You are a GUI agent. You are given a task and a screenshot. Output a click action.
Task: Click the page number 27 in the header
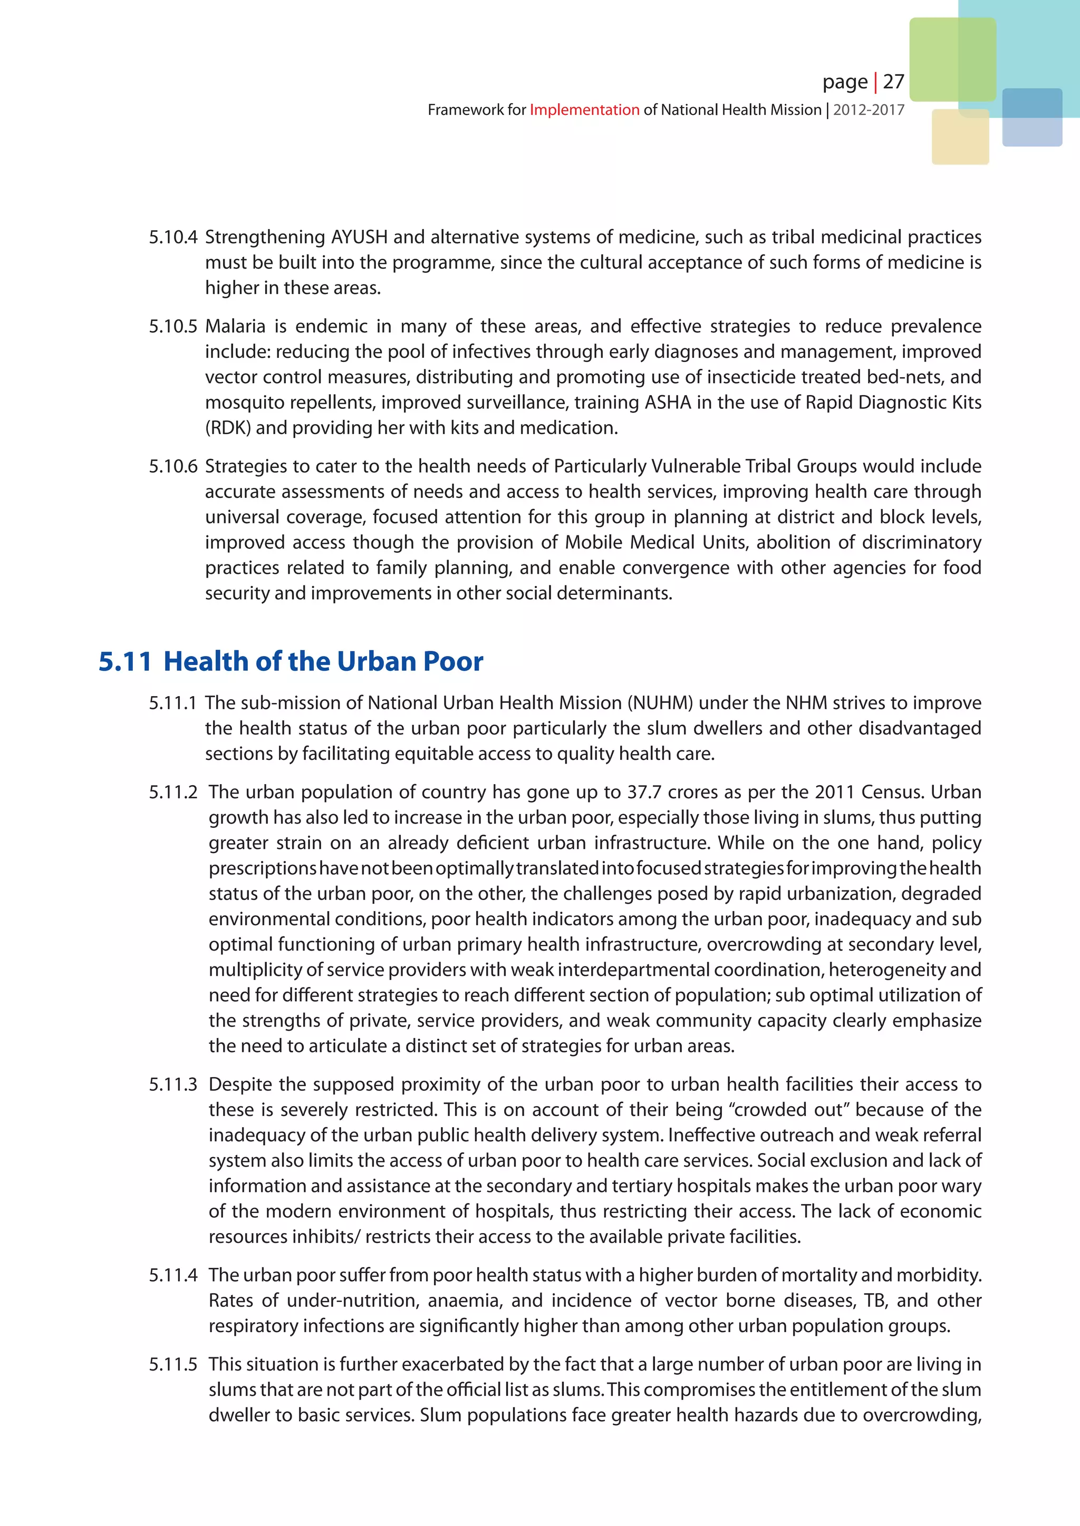pyautogui.click(x=893, y=82)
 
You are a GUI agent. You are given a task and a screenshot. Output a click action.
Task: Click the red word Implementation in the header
pyautogui.click(x=584, y=110)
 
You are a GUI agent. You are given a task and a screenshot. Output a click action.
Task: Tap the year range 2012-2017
pyautogui.click(x=869, y=110)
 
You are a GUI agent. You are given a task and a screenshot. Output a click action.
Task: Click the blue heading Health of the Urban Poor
pyautogui.click(x=323, y=661)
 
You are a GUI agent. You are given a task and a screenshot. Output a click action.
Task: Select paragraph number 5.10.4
pyautogui.click(x=173, y=237)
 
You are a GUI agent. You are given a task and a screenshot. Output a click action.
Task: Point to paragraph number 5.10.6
pyautogui.click(x=173, y=466)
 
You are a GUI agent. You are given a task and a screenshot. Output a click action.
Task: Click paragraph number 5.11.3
pyautogui.click(x=173, y=1084)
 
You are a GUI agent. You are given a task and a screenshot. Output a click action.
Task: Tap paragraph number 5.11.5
pyautogui.click(x=173, y=1364)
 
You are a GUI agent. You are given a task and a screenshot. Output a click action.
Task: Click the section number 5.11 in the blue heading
pyautogui.click(x=124, y=661)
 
